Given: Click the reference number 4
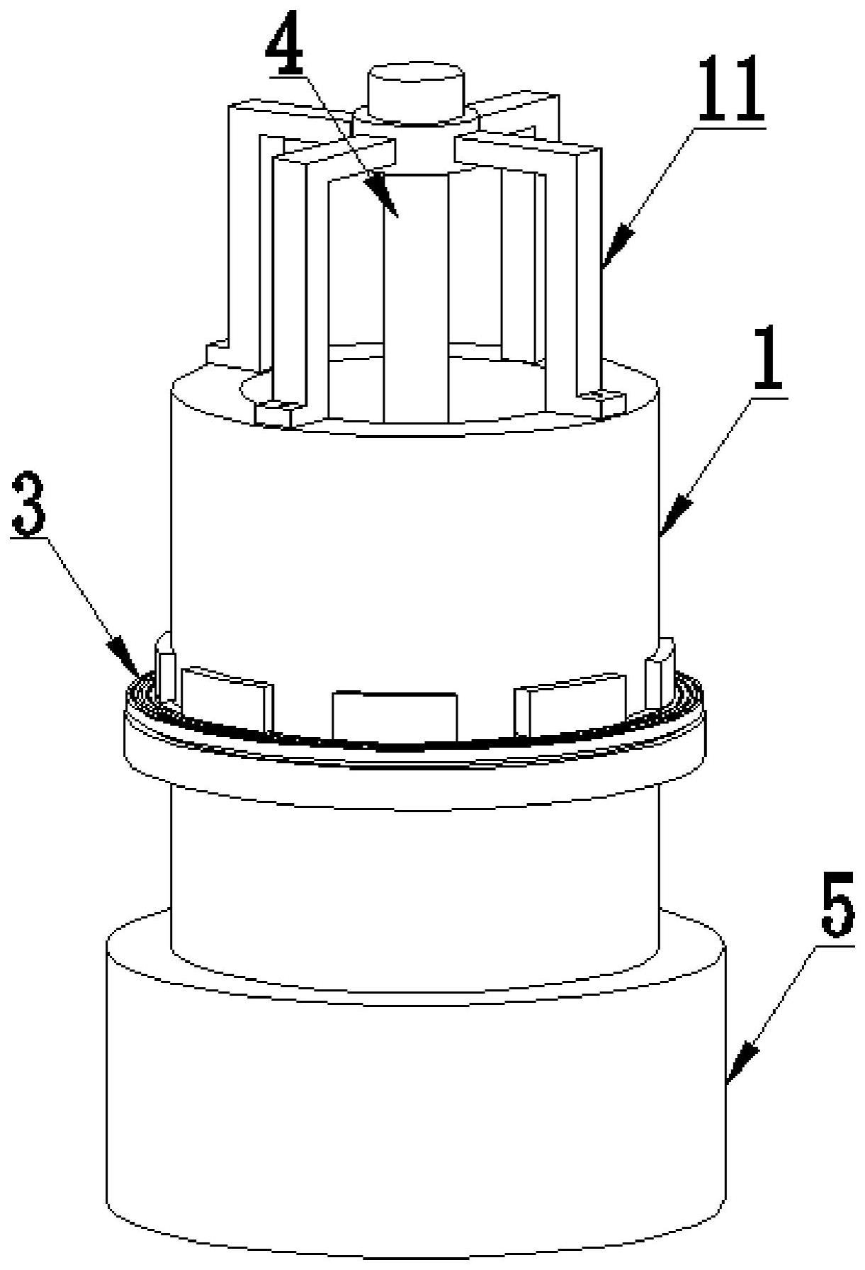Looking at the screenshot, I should click(x=285, y=44).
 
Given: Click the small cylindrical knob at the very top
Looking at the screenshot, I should click(x=414, y=89).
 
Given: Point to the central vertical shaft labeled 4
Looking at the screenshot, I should click(x=416, y=298).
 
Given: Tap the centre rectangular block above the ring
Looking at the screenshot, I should click(x=395, y=717).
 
